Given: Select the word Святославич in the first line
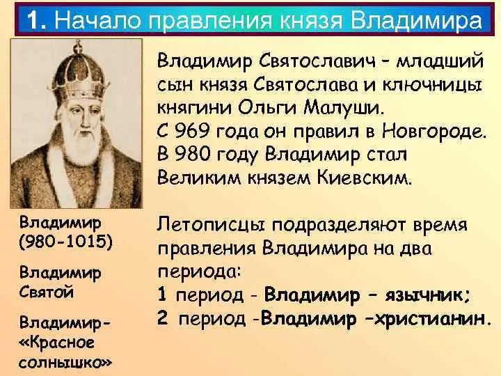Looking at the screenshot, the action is point(316,61).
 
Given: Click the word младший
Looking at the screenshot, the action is point(439,61).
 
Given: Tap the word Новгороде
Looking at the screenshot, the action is point(434,131).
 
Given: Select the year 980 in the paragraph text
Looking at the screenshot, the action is point(193,155).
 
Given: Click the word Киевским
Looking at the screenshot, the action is point(363,178).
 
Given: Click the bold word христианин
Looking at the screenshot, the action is point(431,318).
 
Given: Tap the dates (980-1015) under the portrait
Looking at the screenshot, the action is point(66,242).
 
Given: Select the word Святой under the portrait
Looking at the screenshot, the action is point(47,292).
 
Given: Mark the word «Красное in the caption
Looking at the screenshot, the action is point(57,343).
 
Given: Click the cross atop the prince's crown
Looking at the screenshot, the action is point(77,47).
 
